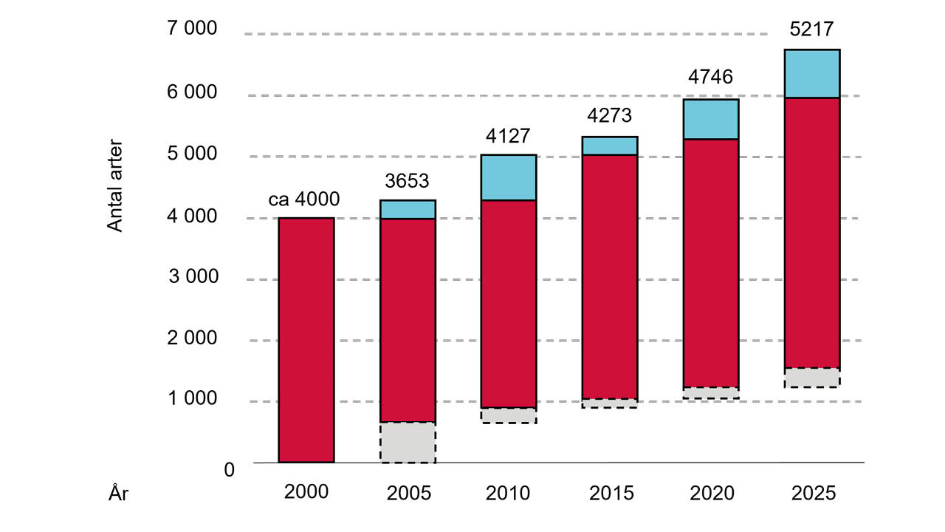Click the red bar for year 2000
click(x=306, y=340)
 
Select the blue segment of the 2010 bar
click(x=509, y=177)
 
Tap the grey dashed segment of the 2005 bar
click(x=408, y=443)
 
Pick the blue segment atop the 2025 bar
click(x=812, y=73)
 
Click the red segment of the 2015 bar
click(x=610, y=276)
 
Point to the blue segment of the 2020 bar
click(x=711, y=119)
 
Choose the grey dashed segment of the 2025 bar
click(x=812, y=378)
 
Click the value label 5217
click(x=812, y=30)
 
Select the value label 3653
click(x=408, y=181)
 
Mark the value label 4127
click(x=509, y=136)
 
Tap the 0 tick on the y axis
click(x=228, y=469)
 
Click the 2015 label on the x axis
click(x=610, y=493)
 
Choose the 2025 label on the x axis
click(x=812, y=493)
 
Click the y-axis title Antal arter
click(x=116, y=186)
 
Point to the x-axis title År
click(x=119, y=494)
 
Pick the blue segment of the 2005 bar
click(x=408, y=209)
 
